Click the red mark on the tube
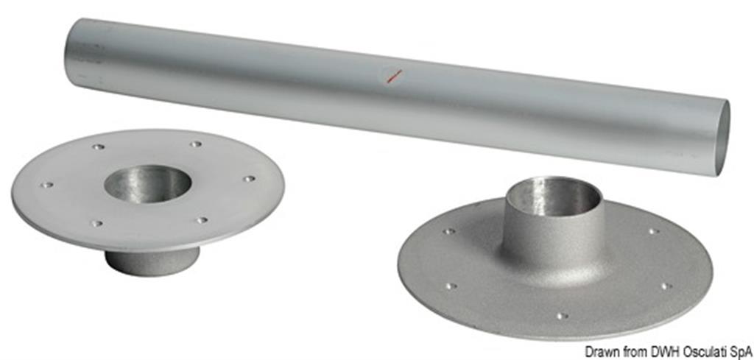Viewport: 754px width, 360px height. point(395,76)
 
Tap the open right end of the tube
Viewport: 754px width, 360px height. point(723,138)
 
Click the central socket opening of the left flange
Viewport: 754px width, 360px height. point(147,184)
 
